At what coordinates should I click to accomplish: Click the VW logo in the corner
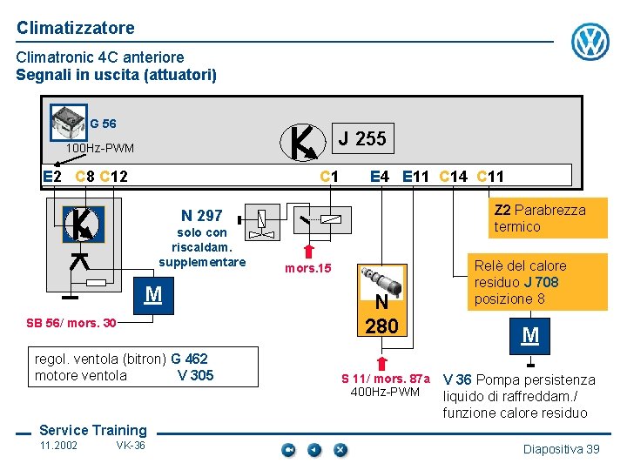pos(590,42)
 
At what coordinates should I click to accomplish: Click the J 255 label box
pos(362,138)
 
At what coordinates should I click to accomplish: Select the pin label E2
pos(52,177)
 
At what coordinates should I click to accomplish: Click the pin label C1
pos(329,177)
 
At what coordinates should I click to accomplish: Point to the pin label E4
pos(380,177)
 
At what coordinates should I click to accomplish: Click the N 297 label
pos(202,215)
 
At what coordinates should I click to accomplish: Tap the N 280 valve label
pos(381,314)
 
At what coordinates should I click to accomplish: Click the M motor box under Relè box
pos(530,335)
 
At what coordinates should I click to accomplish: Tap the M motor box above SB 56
pos(153,294)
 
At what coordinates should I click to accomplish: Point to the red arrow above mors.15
pos(308,251)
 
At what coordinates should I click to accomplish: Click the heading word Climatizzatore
pos(76,28)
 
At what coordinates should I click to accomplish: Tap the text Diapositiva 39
pos(561,448)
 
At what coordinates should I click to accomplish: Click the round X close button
pos(340,449)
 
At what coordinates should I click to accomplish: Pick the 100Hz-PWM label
pos(100,148)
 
